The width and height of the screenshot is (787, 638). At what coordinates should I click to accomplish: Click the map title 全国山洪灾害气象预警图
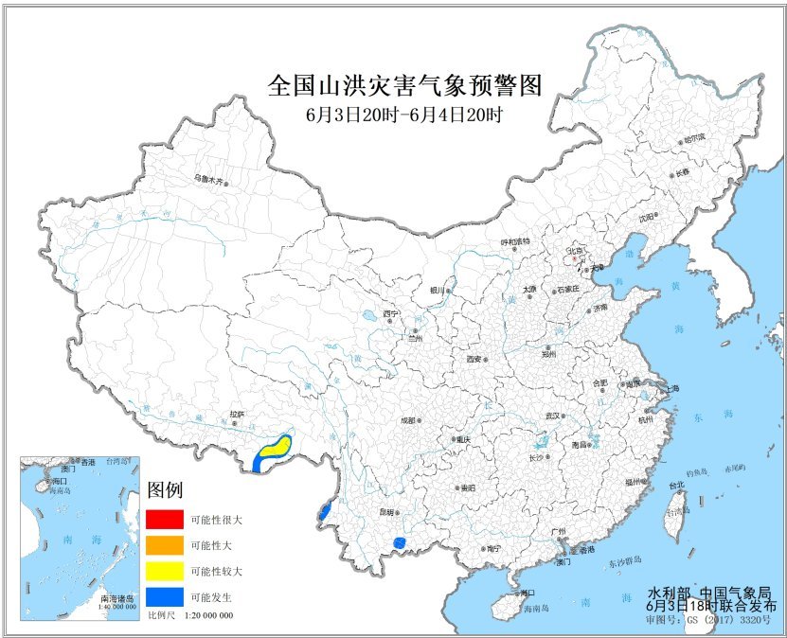(405, 87)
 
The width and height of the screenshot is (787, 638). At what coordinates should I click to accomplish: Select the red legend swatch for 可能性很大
(165, 520)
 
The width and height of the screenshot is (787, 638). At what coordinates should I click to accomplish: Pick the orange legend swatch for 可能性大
(165, 545)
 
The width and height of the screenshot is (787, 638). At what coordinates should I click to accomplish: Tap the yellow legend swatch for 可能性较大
(165, 571)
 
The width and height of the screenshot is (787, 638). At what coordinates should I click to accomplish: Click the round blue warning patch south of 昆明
(400, 542)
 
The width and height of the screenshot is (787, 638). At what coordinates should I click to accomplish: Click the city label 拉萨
(236, 414)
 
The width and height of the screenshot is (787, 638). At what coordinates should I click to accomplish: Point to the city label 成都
(407, 419)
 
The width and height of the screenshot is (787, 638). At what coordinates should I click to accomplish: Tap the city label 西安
(474, 360)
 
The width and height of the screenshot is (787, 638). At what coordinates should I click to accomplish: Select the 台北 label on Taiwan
(675, 486)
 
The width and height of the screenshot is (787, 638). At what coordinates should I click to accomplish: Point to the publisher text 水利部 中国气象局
(717, 591)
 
